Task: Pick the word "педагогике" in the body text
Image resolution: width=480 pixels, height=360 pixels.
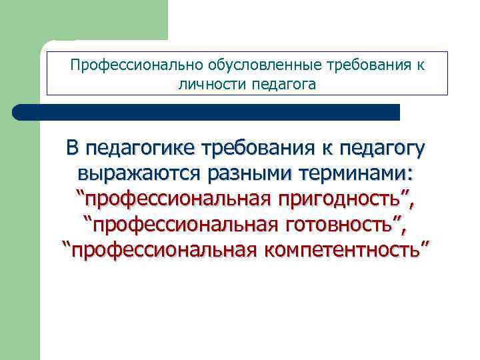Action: click(141, 147)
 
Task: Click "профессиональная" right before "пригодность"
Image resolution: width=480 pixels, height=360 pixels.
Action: click(174, 199)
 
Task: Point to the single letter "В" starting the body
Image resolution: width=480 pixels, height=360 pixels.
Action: click(72, 147)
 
